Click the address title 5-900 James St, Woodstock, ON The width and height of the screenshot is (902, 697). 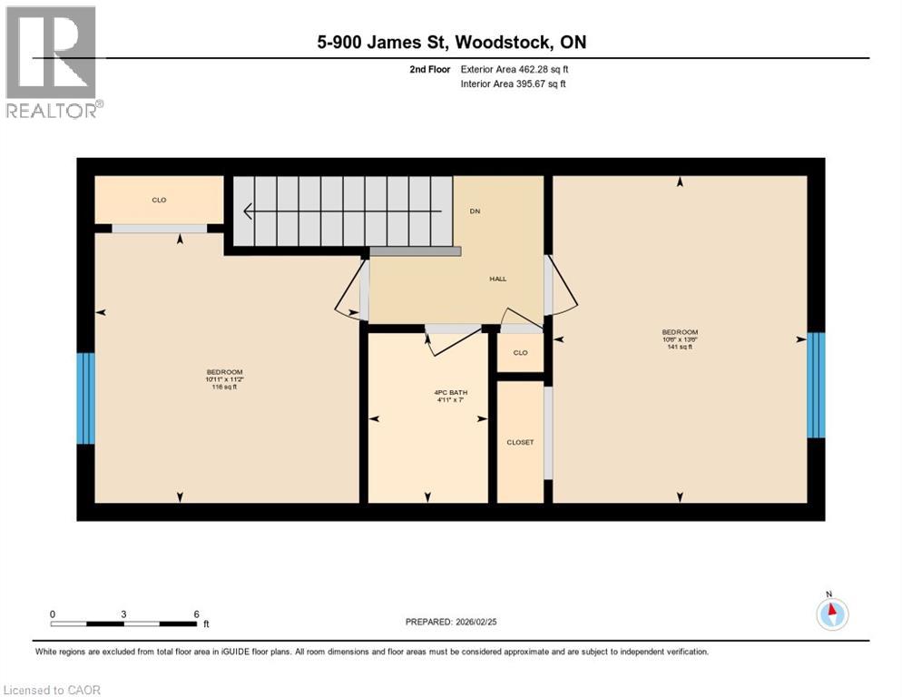[451, 43]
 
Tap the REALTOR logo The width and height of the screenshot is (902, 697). [52, 62]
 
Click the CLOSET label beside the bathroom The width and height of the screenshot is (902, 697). [520, 442]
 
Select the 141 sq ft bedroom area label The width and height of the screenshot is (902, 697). [680, 347]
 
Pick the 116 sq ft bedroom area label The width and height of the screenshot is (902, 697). [225, 388]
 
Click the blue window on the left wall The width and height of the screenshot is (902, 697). [85, 398]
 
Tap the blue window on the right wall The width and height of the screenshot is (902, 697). [816, 385]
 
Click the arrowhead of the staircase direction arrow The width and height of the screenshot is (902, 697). [247, 211]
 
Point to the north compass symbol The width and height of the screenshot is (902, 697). [832, 614]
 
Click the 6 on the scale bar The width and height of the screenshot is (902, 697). [197, 614]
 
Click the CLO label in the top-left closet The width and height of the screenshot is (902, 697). [159, 200]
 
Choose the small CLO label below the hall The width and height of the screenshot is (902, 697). [520, 353]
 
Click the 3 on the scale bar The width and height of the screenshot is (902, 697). [123, 614]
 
